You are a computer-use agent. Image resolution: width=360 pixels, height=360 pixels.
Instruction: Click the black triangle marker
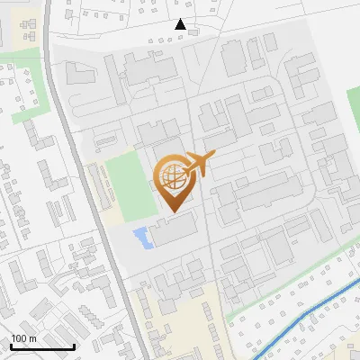[181, 24]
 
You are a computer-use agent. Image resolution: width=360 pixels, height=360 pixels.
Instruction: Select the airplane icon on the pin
[198, 165]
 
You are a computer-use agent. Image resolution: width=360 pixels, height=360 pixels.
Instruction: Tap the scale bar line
[42, 347]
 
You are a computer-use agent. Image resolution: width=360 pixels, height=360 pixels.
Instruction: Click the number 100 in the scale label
[19, 338]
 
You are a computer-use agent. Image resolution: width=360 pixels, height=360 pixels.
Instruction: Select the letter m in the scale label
[32, 339]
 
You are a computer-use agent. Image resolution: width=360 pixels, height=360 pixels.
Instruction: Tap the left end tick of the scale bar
[12, 346]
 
